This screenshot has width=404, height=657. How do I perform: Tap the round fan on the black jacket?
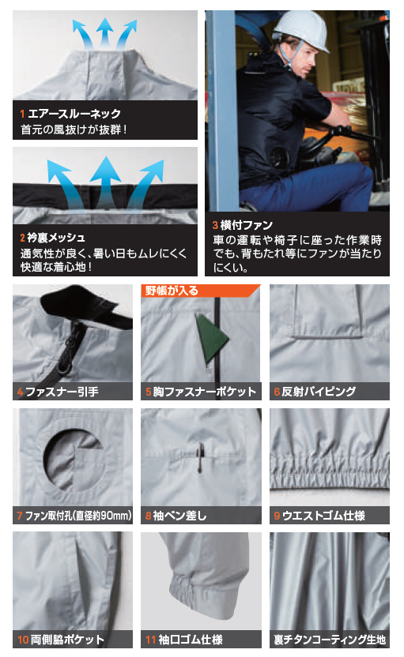coord(279,157)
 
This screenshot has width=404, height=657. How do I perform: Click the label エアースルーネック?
coord(74,114)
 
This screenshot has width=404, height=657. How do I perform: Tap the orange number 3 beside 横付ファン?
coord(215,225)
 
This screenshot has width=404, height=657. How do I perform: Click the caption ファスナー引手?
coord(62,392)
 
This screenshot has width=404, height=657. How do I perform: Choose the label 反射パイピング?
coord(319,392)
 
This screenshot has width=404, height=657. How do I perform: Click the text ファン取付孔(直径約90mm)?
coord(78,516)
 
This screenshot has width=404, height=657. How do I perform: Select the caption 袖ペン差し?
coord(179,516)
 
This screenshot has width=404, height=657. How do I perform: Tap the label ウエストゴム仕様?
coord(323,516)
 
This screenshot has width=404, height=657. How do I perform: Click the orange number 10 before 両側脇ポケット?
coord(23,640)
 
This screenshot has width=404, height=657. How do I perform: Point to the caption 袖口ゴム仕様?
coord(191,640)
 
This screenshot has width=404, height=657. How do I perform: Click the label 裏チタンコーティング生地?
coord(330,640)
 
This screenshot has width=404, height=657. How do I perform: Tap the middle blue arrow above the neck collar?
coord(105,32)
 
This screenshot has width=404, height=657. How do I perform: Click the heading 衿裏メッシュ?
coord(56,238)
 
